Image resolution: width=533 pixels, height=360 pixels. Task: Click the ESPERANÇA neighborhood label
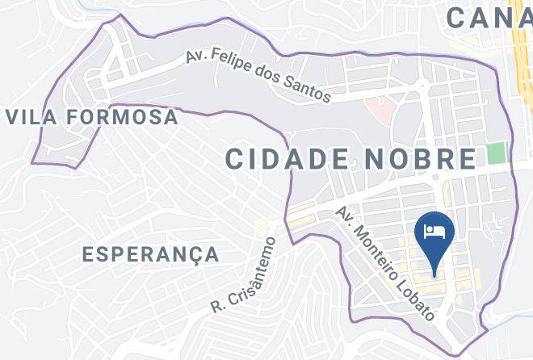151,254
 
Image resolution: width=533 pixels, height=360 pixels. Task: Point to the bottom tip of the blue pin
434,274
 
